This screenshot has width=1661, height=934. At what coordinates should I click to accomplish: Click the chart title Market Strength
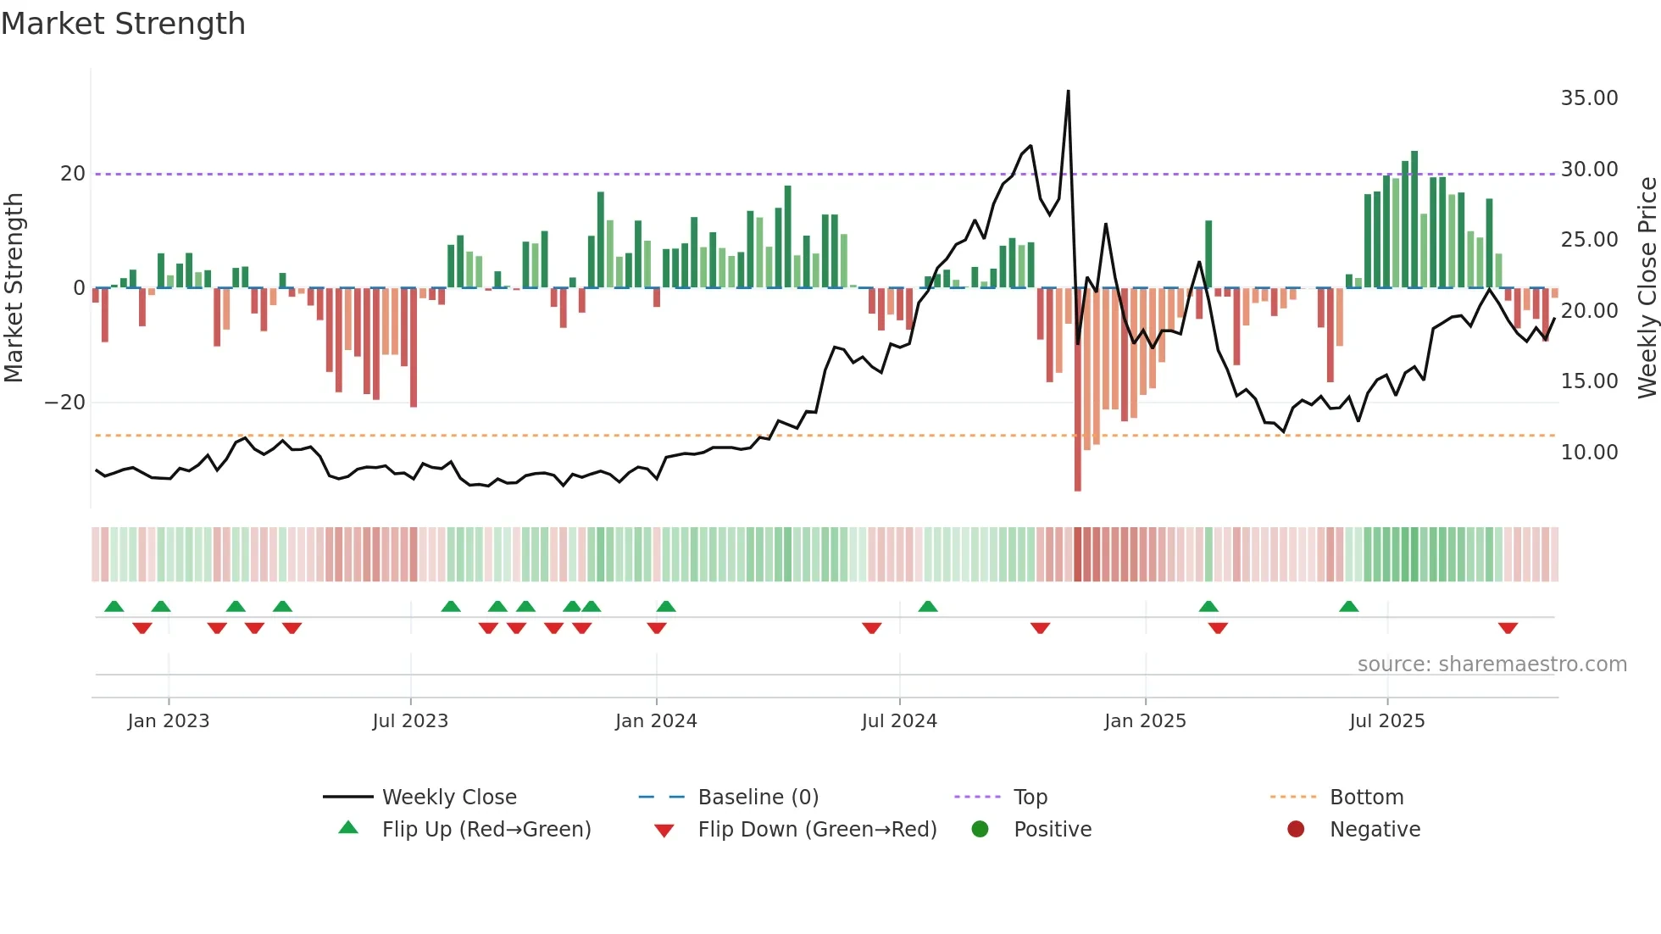click(x=123, y=24)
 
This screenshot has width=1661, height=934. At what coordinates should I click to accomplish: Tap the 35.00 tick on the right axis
click(x=1589, y=98)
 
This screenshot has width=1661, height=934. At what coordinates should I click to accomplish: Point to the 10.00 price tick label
click(x=1589, y=453)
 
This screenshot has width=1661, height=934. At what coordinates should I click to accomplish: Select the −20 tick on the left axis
click(x=65, y=403)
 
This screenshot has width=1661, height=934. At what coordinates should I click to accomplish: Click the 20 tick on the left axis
click(x=73, y=174)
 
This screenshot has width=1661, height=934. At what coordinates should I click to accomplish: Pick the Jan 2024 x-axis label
click(x=656, y=721)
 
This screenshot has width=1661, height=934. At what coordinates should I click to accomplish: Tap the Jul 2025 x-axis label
click(x=1387, y=721)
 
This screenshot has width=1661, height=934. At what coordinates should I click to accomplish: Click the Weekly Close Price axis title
click(x=1647, y=288)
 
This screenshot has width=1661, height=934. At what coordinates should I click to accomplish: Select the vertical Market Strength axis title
click(x=14, y=288)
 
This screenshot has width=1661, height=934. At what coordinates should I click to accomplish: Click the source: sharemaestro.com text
click(x=1492, y=664)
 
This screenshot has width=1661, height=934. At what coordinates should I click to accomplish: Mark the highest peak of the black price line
click(x=1068, y=91)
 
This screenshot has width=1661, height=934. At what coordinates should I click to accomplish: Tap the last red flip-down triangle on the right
click(x=1508, y=628)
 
